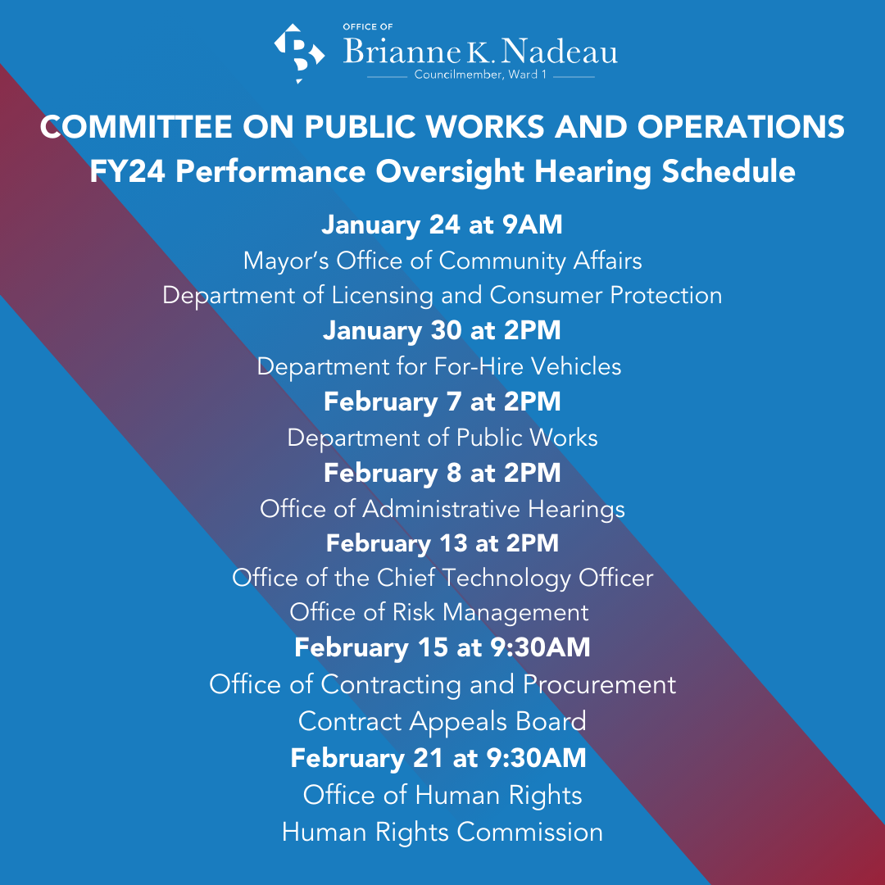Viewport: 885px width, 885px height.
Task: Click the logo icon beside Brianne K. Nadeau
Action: [x=299, y=52]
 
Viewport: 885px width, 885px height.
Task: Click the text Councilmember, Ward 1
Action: [x=480, y=75]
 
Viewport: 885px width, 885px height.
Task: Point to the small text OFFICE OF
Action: [x=368, y=26]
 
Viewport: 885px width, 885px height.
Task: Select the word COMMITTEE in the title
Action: [x=136, y=126]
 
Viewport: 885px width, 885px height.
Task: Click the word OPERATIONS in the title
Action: [x=741, y=126]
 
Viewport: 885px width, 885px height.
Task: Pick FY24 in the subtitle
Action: [x=128, y=171]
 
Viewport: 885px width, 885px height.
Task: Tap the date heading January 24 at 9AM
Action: [x=442, y=225]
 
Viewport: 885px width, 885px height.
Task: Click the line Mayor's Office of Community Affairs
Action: [x=442, y=261]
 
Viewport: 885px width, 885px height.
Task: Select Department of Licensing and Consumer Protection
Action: [x=442, y=296]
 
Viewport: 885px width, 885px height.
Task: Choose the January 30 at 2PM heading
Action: [x=442, y=330]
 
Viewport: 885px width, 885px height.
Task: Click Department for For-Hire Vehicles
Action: [x=439, y=366]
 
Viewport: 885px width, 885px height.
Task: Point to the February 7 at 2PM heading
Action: [x=442, y=402]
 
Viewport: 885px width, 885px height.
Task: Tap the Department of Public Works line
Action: [x=442, y=438]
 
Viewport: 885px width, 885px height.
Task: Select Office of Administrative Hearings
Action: [x=442, y=509]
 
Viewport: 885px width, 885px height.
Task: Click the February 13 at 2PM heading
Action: [x=442, y=543]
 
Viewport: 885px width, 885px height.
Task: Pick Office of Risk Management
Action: [x=439, y=612]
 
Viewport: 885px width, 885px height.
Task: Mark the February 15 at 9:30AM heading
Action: [x=442, y=647]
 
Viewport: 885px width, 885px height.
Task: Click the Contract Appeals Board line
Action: [x=442, y=721]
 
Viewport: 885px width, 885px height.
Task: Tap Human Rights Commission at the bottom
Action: [x=442, y=832]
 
